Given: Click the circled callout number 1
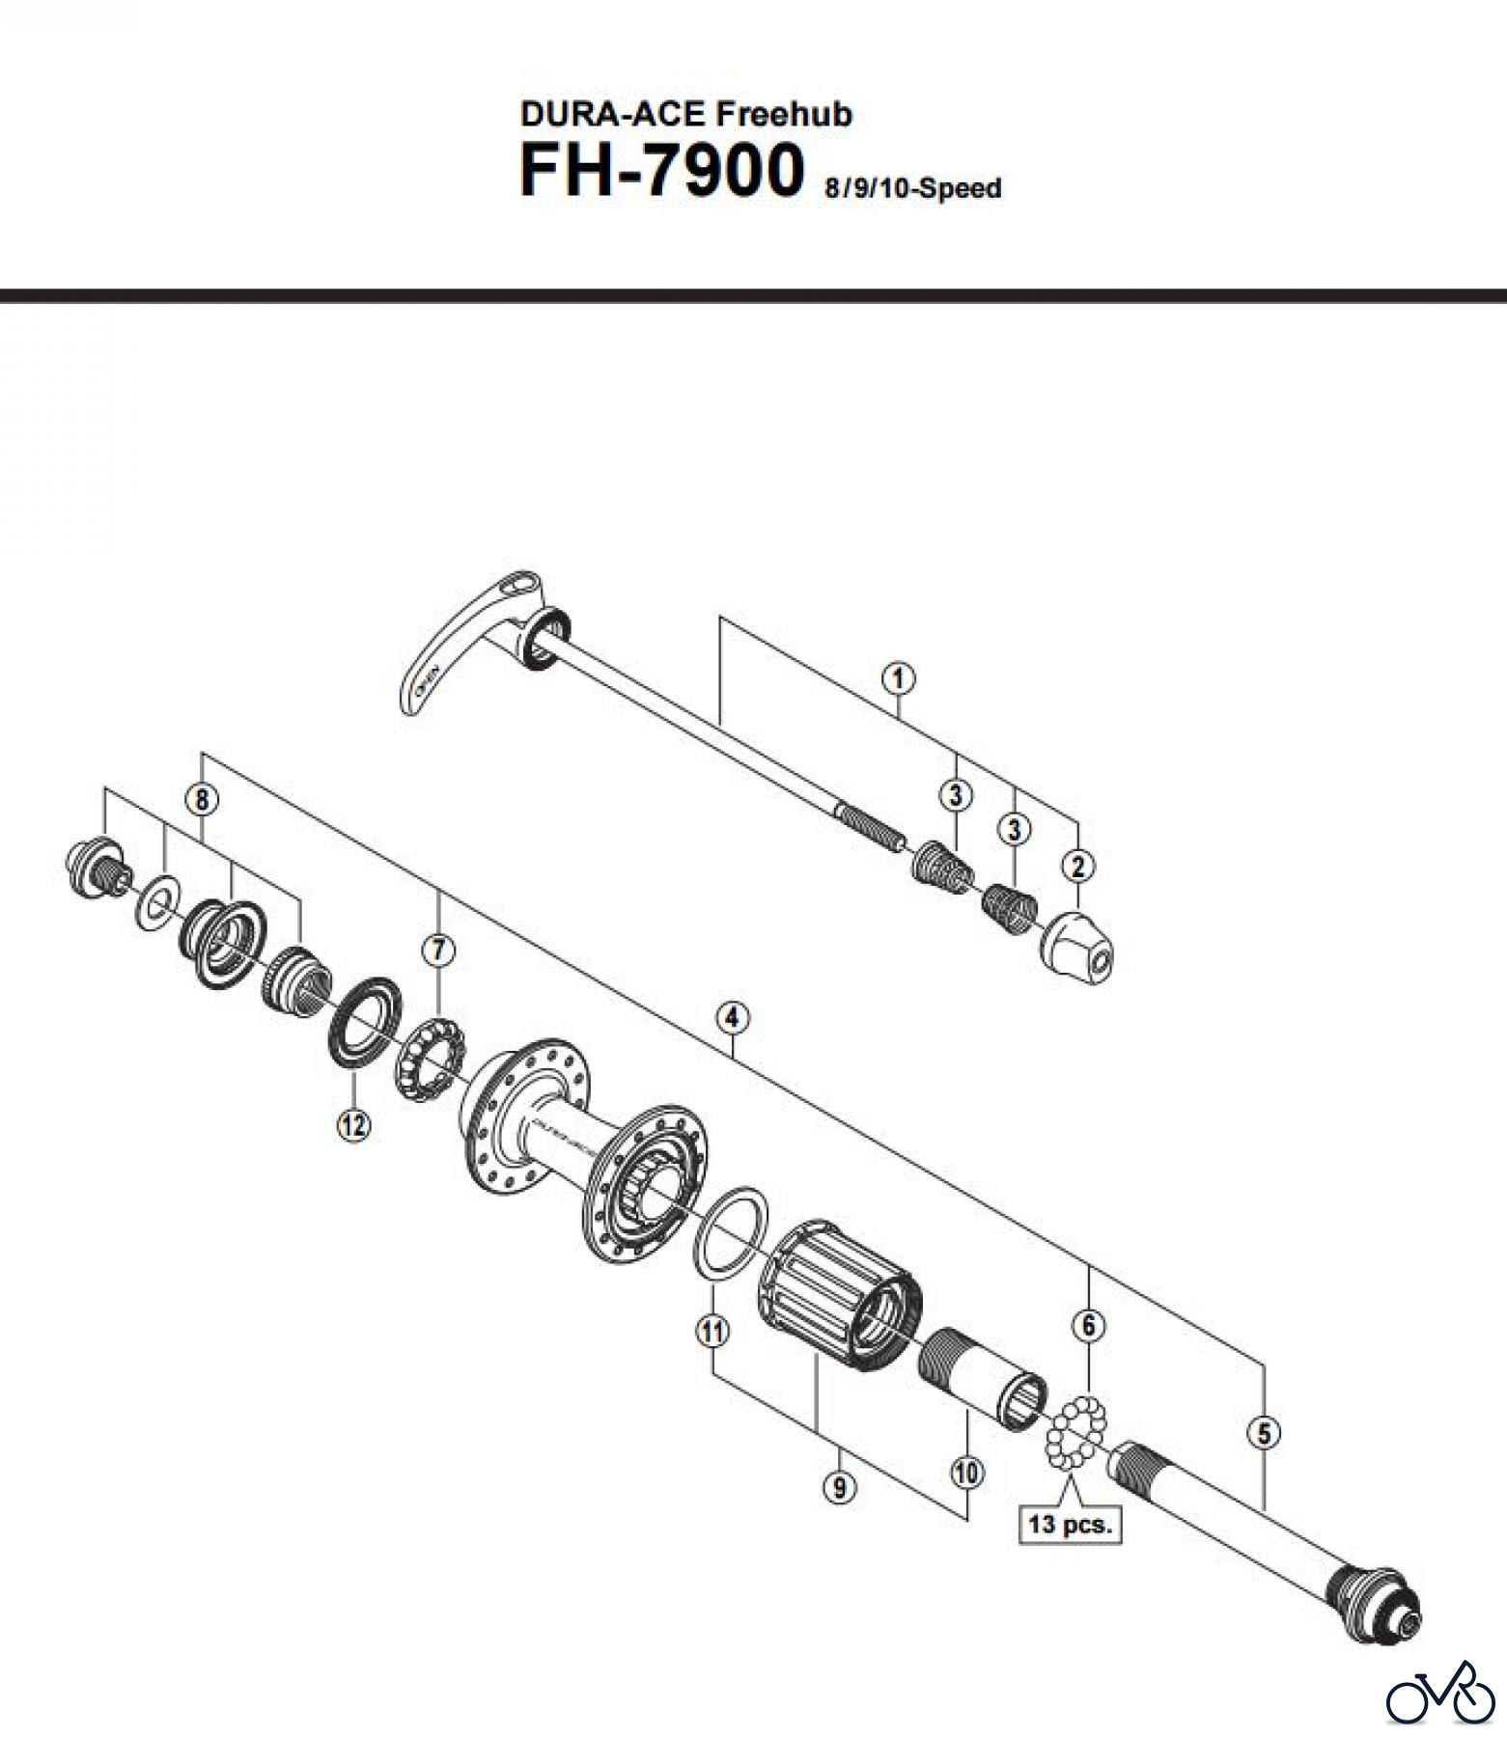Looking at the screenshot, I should tap(898, 678).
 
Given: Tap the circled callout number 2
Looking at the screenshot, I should tap(1077, 866).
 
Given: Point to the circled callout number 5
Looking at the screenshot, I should tap(1264, 1433).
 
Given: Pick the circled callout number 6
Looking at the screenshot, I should tap(1089, 1326).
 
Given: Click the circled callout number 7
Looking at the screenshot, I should tap(437, 951).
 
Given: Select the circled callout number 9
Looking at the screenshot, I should tap(839, 1488).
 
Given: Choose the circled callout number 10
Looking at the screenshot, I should tap(966, 1472).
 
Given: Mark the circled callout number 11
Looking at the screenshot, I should tap(712, 1332).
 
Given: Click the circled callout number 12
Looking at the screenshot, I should tap(352, 1123).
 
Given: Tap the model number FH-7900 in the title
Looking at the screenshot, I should tap(661, 172).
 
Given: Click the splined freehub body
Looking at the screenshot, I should tap(839, 1292).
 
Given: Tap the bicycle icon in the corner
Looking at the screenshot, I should tap(1438, 1690).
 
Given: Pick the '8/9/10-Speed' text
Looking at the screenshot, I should tap(911, 188).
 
